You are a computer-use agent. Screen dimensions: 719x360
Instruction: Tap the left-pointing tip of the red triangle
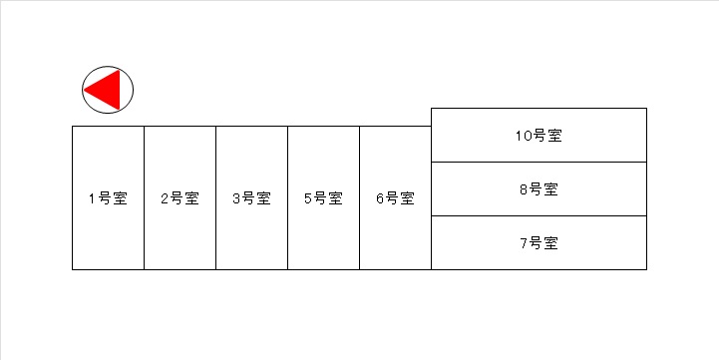[85, 90]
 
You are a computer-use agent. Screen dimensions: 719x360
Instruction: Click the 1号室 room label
[108, 198]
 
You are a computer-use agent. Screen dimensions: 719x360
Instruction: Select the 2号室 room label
[180, 198]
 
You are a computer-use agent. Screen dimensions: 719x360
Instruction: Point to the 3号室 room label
[251, 198]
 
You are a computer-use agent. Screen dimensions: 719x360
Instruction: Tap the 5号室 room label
[323, 198]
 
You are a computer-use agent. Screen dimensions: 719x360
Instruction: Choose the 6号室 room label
[395, 198]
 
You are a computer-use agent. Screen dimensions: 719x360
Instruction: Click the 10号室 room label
[539, 136]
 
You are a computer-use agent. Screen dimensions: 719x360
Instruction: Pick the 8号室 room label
[539, 188]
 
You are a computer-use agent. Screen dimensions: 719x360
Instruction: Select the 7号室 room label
[539, 243]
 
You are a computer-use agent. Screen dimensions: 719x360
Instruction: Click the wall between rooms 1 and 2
[144, 197]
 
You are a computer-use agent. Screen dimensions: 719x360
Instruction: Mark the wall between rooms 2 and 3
[216, 197]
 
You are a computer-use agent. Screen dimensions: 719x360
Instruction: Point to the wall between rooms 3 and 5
[287, 197]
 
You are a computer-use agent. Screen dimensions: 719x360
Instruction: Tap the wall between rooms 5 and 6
[359, 197]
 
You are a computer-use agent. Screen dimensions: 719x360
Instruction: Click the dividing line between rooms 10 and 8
[539, 162]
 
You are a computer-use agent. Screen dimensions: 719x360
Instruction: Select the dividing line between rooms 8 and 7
[539, 216]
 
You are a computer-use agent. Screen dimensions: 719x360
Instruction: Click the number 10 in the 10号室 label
[524, 136]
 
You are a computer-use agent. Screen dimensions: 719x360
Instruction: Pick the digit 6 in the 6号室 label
[380, 199]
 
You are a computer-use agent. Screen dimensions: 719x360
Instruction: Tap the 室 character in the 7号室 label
[550, 243]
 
